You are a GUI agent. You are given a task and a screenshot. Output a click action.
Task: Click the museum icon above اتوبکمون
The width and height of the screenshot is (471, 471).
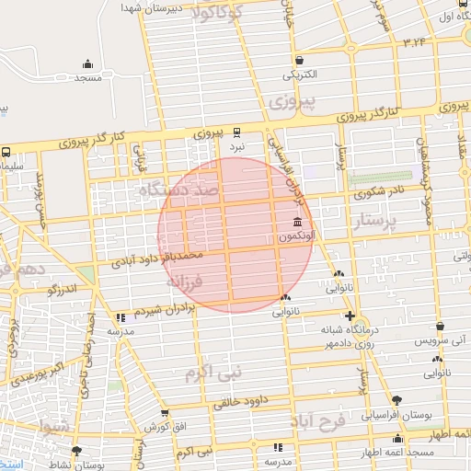tap(296, 223)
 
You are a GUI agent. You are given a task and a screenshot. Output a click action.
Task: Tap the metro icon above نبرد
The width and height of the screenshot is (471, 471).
tap(238, 132)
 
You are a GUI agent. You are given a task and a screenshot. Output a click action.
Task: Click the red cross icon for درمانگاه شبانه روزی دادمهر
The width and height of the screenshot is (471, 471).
tap(349, 316)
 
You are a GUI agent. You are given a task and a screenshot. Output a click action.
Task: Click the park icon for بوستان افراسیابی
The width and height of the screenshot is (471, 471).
tap(397, 399)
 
